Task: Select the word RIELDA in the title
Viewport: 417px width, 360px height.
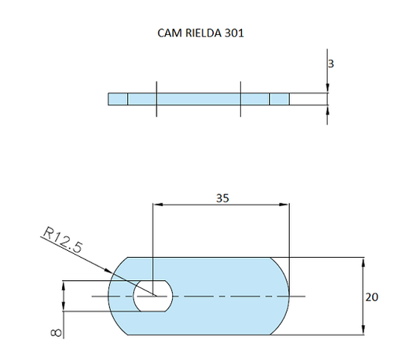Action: (202, 35)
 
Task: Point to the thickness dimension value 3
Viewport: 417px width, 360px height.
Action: (331, 65)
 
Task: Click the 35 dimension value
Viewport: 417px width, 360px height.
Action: (222, 197)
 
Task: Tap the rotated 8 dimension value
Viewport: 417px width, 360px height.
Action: (53, 331)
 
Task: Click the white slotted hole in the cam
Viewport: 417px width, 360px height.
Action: (153, 297)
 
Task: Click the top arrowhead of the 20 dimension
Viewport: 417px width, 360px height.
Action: (363, 261)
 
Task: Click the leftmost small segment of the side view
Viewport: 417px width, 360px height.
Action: (117, 99)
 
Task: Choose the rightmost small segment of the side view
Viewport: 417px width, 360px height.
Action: (279, 99)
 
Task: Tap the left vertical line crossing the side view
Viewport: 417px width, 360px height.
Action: (156, 99)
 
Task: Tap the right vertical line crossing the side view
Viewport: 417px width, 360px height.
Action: (241, 99)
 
